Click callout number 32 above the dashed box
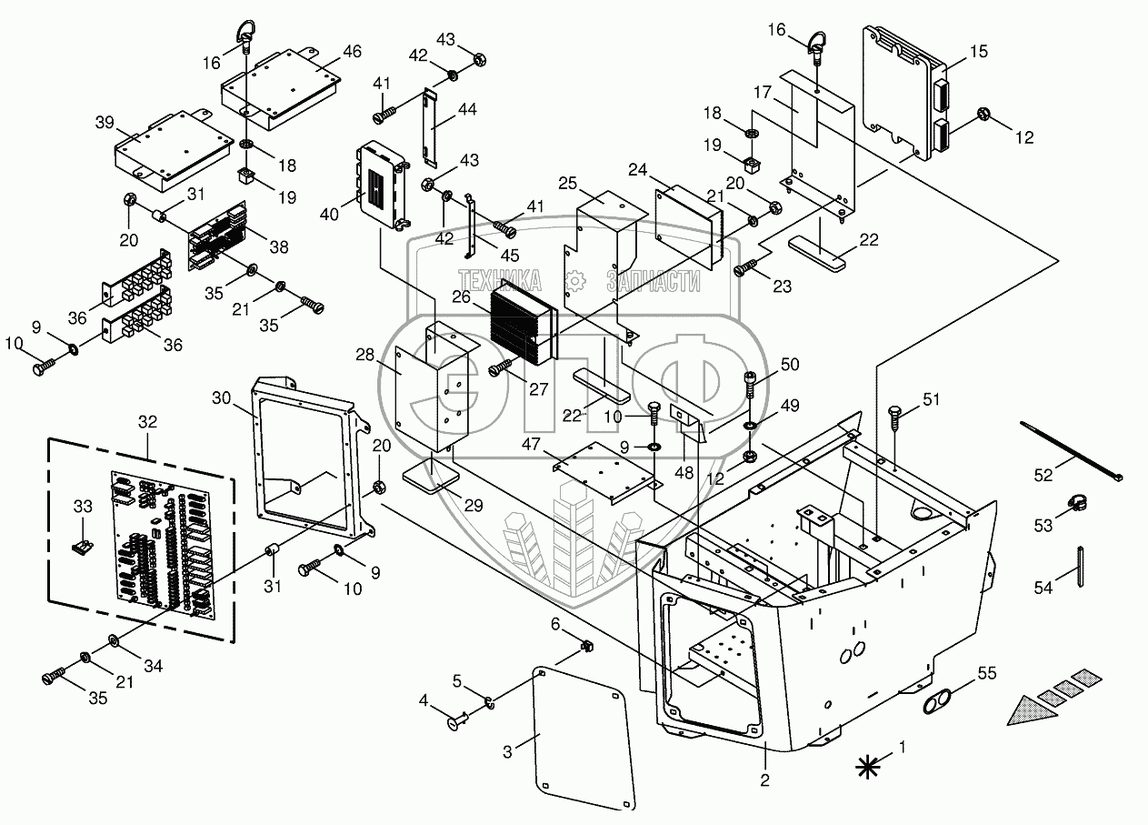point(147,422)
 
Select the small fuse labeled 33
point(84,548)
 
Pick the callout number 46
point(353,51)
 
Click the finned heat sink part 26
point(521,322)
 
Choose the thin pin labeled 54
point(1081,568)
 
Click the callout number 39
point(105,123)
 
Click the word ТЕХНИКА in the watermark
point(500,280)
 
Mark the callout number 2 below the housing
point(765,779)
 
